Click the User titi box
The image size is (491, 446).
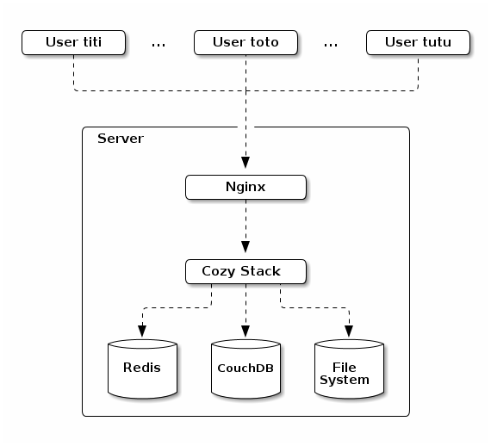click(73, 42)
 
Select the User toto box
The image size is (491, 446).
click(245, 42)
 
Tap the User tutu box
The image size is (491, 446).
click(418, 42)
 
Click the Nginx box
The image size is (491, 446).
click(245, 187)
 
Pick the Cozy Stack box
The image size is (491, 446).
click(245, 272)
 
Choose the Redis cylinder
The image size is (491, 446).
click(142, 369)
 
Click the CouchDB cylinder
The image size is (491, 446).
click(245, 369)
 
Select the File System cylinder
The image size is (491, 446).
click(349, 369)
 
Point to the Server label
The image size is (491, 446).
click(121, 139)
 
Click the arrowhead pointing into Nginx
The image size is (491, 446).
click(245, 163)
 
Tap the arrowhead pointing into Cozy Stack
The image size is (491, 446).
click(245, 247)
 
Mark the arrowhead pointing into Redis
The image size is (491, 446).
click(142, 331)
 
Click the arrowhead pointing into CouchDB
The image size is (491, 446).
click(245, 331)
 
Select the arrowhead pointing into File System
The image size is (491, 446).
click(349, 331)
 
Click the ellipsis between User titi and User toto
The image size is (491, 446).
click(158, 46)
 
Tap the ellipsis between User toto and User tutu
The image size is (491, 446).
click(331, 46)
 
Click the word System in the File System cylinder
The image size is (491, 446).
click(345, 381)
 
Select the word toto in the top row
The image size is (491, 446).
click(264, 42)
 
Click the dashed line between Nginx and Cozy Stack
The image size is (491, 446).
click(245, 220)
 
